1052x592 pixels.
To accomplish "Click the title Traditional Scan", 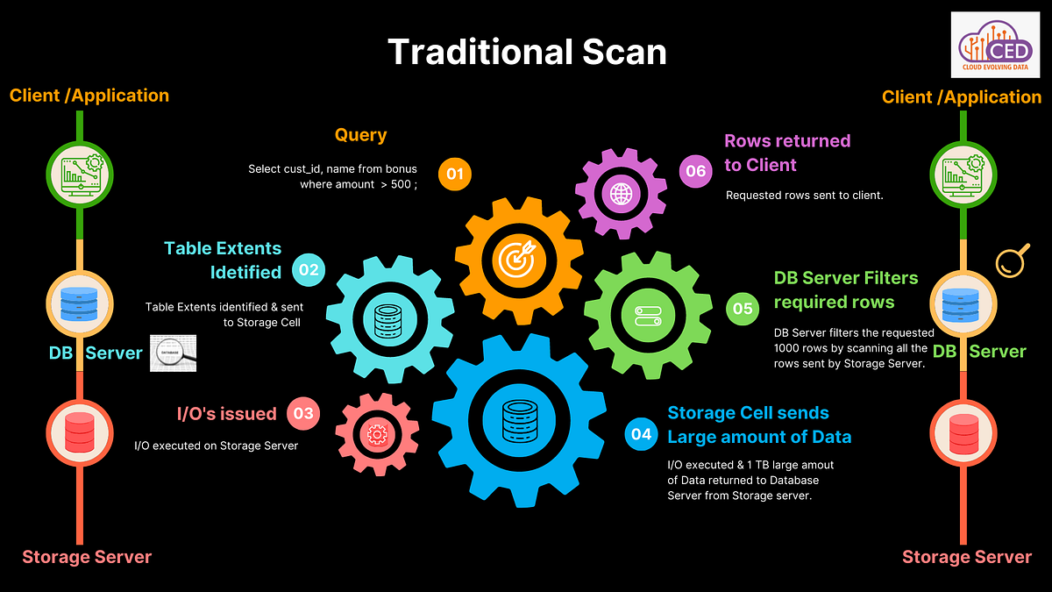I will pyautogui.click(x=527, y=52).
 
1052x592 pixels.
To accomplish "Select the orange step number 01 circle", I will pyautogui.click(x=454, y=174).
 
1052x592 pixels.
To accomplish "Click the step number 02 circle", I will pyautogui.click(x=309, y=270).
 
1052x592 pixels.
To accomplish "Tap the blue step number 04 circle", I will pyautogui.click(x=642, y=434).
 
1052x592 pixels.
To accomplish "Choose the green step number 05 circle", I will pyautogui.click(x=743, y=308).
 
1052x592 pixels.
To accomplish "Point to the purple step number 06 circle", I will pyautogui.click(x=696, y=171).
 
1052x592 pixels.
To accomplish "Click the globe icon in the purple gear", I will pyautogui.click(x=622, y=193).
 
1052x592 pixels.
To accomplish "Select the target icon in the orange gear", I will pyautogui.click(x=518, y=257).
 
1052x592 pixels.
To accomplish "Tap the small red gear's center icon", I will pyautogui.click(x=377, y=433).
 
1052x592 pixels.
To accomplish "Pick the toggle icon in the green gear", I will pyautogui.click(x=648, y=315).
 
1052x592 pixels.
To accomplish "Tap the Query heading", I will pyautogui.click(x=360, y=135).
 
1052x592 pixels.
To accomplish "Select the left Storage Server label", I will pyautogui.click(x=87, y=557).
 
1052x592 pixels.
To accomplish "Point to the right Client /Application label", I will pyautogui.click(x=962, y=96).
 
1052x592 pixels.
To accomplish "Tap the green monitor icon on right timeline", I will pyautogui.click(x=962, y=171).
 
